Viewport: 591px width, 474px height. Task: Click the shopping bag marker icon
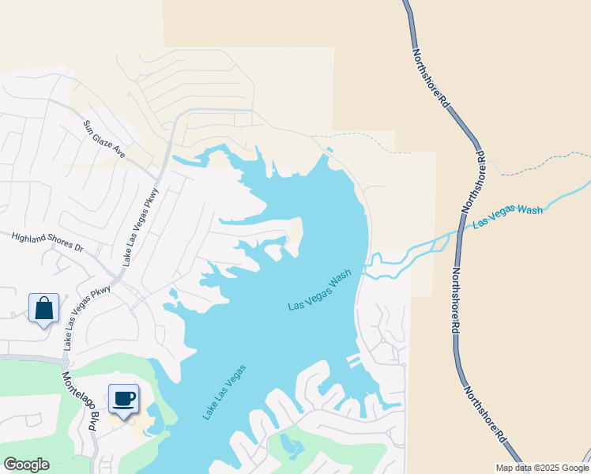coord(43,307)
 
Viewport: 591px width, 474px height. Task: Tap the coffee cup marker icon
coord(122,398)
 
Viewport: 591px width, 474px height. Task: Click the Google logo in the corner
coord(26,465)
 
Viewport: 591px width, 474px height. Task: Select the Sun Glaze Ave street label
coord(105,139)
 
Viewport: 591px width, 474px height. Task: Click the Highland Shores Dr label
coord(47,241)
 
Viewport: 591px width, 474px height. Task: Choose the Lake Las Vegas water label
coord(224,391)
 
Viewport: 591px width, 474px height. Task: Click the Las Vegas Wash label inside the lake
coord(319,290)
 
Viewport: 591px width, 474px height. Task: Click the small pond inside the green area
coord(291,448)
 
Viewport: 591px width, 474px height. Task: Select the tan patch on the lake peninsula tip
coord(295,232)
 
